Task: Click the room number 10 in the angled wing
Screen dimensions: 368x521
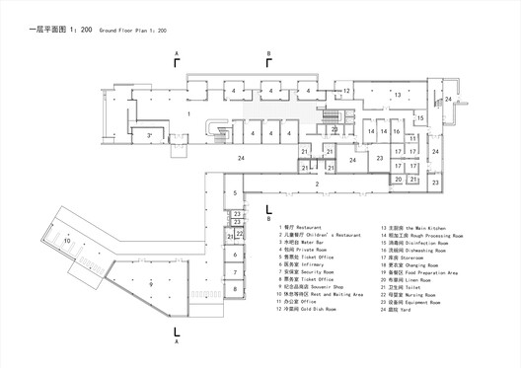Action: (x=39, y=240)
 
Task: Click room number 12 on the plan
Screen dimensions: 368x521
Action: (x=347, y=91)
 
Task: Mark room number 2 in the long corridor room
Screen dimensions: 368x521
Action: (x=318, y=184)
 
